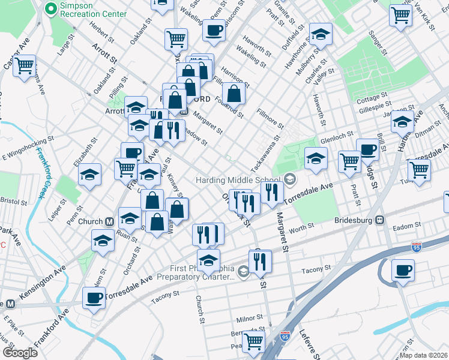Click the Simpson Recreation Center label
click(x=93, y=9)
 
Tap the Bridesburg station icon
click(x=379, y=220)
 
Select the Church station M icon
click(x=109, y=221)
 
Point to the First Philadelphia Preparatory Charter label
click(x=191, y=272)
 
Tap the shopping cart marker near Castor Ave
click(x=25, y=65)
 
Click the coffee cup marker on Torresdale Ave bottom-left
click(x=93, y=298)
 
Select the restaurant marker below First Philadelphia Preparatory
click(x=260, y=261)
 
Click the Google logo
click(x=20, y=353)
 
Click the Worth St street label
click(x=302, y=228)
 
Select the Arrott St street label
click(x=103, y=54)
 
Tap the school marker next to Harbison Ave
click(x=402, y=122)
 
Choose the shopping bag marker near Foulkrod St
click(x=234, y=94)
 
